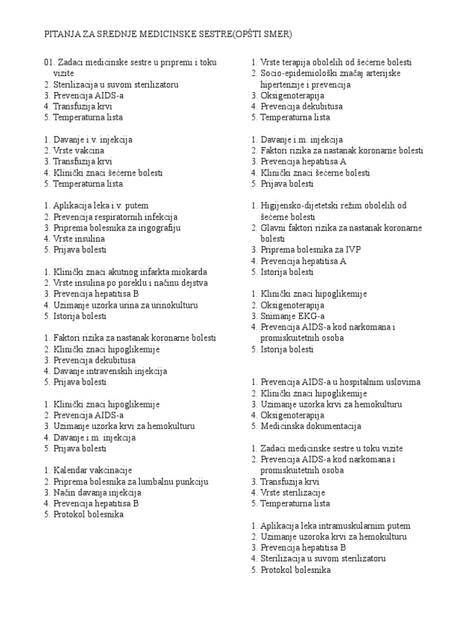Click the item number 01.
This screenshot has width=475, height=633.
pos(49,62)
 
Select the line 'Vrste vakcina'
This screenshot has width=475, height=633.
pos(79,151)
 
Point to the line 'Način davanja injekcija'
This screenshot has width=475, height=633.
pos(97,493)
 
